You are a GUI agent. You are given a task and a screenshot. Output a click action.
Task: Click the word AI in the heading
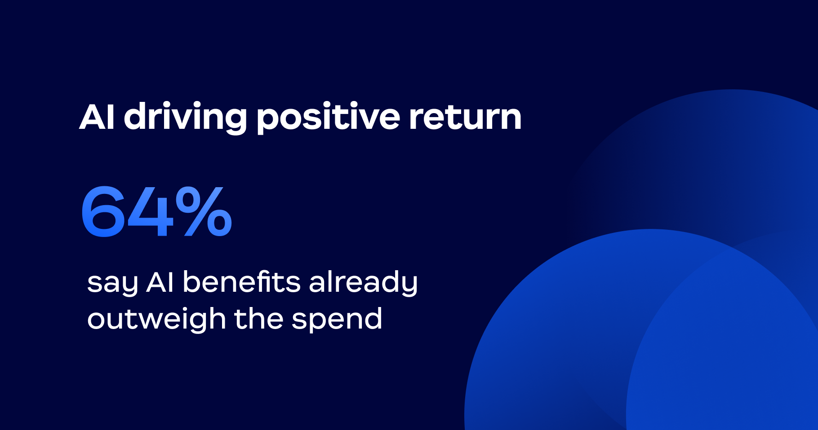point(97,117)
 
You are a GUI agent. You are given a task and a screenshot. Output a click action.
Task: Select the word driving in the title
point(185,117)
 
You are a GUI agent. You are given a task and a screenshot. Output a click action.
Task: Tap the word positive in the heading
point(328,118)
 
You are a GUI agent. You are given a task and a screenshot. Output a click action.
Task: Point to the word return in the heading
point(465,118)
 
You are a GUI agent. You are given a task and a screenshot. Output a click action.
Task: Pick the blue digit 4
point(150,211)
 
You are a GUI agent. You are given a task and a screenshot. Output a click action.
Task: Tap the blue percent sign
point(204,211)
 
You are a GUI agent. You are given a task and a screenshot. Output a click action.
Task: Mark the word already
point(363,283)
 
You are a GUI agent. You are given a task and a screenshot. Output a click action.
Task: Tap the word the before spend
point(258,319)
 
